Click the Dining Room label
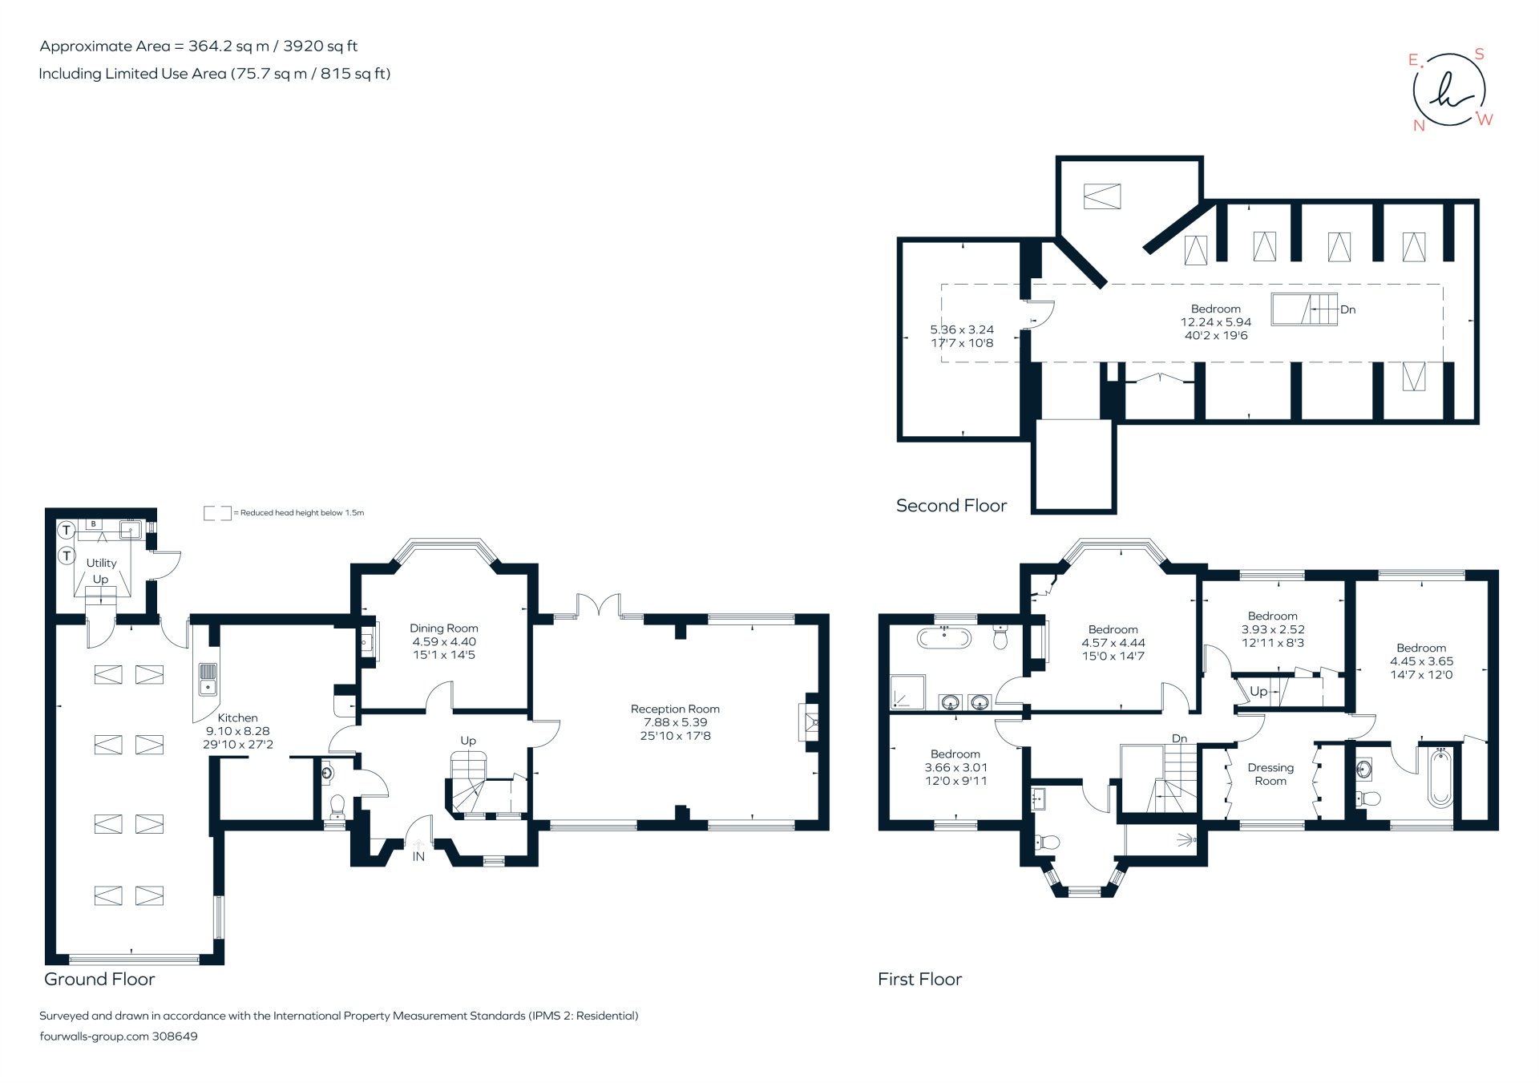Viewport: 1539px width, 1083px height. tap(443, 628)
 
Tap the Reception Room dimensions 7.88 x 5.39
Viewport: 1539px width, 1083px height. tap(675, 722)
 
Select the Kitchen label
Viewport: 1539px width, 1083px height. tap(237, 717)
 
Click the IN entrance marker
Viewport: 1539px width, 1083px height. tap(418, 856)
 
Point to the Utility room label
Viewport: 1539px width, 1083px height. tap(102, 563)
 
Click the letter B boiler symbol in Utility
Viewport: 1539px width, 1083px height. tap(94, 524)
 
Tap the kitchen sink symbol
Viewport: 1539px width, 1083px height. tap(208, 678)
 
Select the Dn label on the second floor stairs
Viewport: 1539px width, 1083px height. tap(1348, 309)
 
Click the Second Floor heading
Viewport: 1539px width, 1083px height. tap(951, 505)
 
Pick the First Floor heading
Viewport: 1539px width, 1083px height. tap(919, 979)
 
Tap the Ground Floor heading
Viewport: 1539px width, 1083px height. tap(99, 979)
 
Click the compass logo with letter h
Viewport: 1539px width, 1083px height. tap(1448, 90)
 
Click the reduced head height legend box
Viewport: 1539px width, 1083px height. tap(216, 512)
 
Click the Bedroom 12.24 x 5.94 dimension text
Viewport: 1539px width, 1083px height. tap(1215, 322)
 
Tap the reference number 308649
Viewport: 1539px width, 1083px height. tap(175, 1036)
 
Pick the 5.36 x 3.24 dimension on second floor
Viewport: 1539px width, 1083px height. tap(962, 329)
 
